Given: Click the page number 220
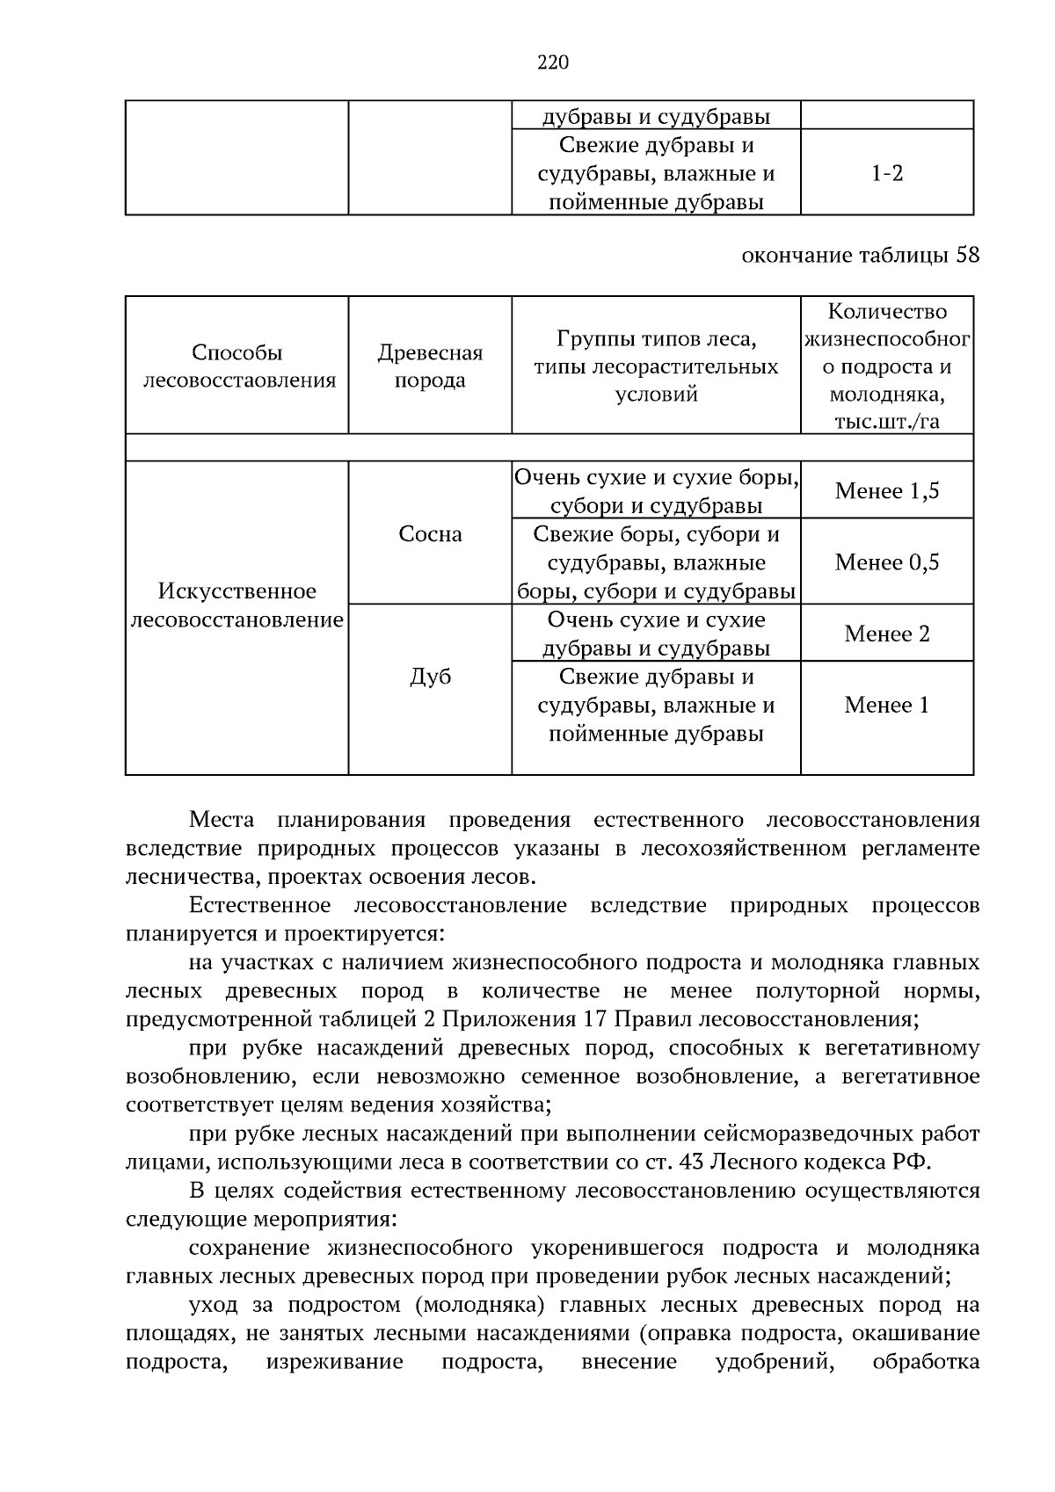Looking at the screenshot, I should (552, 62).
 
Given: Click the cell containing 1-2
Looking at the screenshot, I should (886, 173).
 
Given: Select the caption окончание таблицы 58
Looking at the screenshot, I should (860, 256).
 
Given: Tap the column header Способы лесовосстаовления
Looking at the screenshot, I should (237, 366).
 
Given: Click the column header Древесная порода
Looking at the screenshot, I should (430, 366).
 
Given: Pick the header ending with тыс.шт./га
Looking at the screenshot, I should (886, 366).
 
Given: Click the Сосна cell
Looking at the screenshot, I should (430, 534).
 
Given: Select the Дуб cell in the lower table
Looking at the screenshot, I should (430, 677).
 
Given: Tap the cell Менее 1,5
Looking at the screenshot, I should (886, 491).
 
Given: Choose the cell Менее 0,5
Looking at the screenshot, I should (886, 562).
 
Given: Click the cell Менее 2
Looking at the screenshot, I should (886, 634).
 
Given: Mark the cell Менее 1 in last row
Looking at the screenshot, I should (886, 706).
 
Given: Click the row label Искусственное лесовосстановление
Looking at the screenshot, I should (237, 605).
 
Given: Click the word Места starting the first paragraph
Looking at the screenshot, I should (222, 821).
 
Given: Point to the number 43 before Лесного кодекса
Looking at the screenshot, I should (692, 1162).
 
